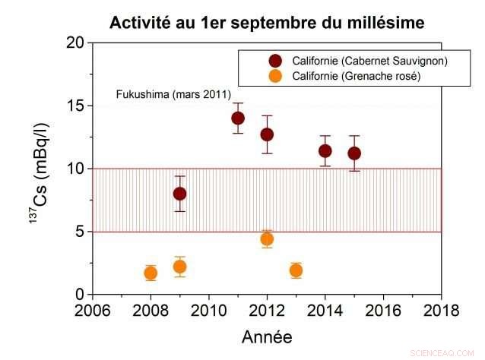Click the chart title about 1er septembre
point(266,23)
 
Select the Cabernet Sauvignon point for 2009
point(179,194)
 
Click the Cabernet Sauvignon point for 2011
point(238,118)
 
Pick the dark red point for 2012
point(267,134)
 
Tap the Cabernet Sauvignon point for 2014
point(325,150)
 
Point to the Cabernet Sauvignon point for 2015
point(354,153)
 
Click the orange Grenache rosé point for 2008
point(151,273)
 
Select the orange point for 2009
point(179,267)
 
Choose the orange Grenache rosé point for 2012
point(267,239)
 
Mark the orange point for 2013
point(296,270)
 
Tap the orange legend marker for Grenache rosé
point(275,76)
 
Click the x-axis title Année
point(267,336)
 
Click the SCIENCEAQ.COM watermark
point(443,353)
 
